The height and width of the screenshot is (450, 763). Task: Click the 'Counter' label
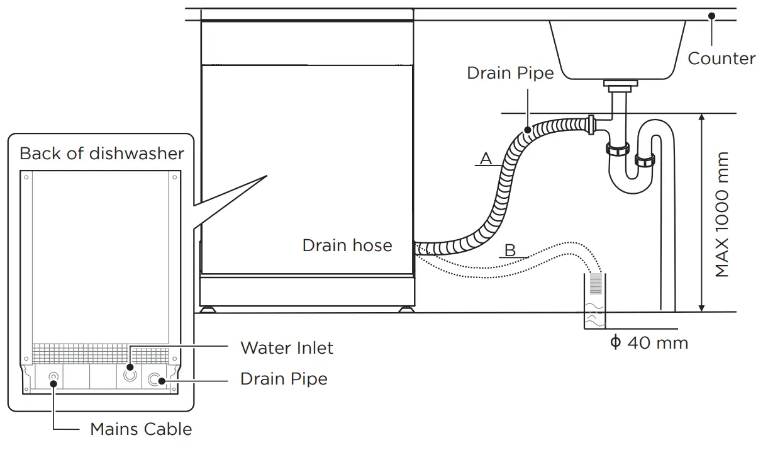pyautogui.click(x=721, y=59)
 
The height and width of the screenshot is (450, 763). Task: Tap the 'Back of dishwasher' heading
pyautogui.click(x=102, y=154)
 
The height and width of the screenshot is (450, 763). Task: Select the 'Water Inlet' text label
pyautogui.click(x=287, y=347)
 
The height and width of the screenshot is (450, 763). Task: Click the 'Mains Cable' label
pyautogui.click(x=141, y=429)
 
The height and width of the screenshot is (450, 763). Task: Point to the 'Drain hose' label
pyautogui.click(x=347, y=245)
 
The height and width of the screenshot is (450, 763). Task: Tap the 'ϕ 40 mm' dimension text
pyautogui.click(x=649, y=343)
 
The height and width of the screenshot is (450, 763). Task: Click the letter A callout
pyautogui.click(x=486, y=159)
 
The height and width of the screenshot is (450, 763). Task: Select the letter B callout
pyautogui.click(x=510, y=251)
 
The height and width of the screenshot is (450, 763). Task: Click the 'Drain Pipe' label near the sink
pyautogui.click(x=510, y=73)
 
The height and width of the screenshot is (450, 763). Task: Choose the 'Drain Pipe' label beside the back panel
pyautogui.click(x=284, y=379)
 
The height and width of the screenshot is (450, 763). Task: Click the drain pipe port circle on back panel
pyautogui.click(x=155, y=380)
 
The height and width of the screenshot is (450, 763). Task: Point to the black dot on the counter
pyautogui.click(x=711, y=16)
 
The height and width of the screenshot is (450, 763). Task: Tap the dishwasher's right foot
pyautogui.click(x=406, y=309)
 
